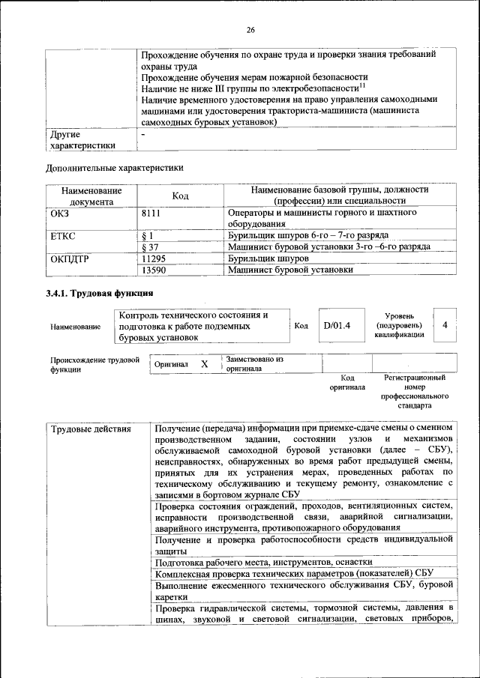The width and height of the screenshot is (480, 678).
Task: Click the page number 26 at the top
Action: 250,29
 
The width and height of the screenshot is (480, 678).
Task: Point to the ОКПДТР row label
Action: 68,258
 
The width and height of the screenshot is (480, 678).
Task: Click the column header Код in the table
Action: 180,196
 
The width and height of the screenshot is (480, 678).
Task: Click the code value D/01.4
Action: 337,326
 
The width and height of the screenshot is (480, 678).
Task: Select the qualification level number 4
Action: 445,325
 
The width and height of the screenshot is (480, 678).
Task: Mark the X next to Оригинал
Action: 204,364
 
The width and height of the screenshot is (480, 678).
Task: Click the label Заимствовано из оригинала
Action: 254,364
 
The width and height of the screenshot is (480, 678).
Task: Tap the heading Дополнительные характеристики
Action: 114,169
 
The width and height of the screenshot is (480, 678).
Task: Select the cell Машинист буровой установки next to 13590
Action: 290,270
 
